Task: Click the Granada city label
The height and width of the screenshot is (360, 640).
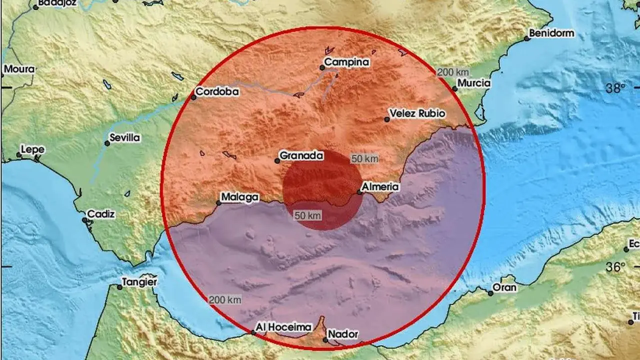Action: [301, 155]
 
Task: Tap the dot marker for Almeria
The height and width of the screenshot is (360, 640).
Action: [359, 192]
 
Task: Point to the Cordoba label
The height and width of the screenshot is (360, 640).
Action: [217, 92]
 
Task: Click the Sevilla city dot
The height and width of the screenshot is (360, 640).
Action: [107, 143]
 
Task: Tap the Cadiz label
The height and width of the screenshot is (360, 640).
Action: [101, 214]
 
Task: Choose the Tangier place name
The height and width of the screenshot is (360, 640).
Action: [140, 282]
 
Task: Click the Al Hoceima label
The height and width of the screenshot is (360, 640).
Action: [283, 327]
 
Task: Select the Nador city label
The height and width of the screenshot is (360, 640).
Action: [342, 334]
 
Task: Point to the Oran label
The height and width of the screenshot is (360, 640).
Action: [504, 288]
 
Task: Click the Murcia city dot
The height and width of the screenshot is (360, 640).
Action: [455, 89]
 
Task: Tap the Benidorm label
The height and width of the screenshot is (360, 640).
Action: [552, 33]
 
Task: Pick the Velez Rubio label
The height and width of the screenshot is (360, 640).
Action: [416, 113]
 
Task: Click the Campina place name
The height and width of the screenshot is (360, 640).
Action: [346, 62]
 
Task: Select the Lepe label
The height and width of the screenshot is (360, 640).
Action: [32, 149]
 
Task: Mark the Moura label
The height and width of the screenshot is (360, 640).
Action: [19, 69]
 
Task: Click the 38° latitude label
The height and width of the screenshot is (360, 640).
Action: [615, 89]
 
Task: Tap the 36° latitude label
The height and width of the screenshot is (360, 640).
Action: [615, 267]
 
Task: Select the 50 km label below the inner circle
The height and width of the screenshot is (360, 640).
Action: [307, 215]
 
